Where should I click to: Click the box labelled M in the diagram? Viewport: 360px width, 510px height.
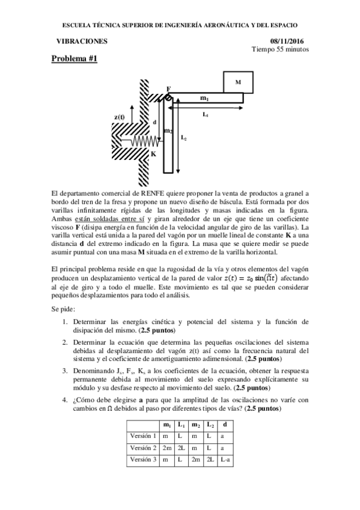(237, 81)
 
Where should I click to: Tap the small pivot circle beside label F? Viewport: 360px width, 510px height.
(169, 97)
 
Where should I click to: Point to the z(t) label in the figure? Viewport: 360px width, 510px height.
(120, 117)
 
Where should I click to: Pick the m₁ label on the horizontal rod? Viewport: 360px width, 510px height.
(204, 97)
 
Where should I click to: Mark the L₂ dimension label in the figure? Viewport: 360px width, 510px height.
(183, 138)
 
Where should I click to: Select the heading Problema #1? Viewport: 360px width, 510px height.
(73, 59)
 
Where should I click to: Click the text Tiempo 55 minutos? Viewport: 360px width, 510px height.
(281, 49)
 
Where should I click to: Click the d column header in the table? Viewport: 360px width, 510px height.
(224, 425)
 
